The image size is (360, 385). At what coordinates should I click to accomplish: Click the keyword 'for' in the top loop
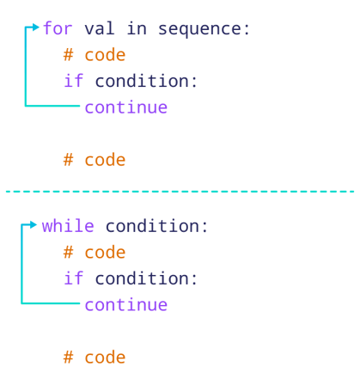pyautogui.click(x=58, y=28)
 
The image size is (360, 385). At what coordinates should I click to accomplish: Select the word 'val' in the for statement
pyautogui.click(x=100, y=28)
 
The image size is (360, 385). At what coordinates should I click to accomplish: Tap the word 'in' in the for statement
pyautogui.click(x=137, y=28)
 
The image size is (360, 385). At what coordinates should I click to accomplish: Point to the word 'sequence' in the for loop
pyautogui.click(x=199, y=29)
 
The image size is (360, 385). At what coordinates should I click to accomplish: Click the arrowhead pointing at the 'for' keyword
pyautogui.click(x=35, y=27)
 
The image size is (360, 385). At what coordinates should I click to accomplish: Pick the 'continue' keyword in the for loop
pyautogui.click(x=126, y=107)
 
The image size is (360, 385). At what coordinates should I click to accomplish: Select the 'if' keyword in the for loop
pyautogui.click(x=74, y=81)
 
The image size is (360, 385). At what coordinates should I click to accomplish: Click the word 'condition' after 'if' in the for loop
pyautogui.click(x=142, y=81)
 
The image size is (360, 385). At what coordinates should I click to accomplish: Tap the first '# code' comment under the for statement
pyautogui.click(x=95, y=54)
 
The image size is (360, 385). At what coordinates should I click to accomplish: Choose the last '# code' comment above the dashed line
pyautogui.click(x=95, y=159)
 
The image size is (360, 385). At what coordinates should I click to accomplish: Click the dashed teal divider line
pyautogui.click(x=180, y=191)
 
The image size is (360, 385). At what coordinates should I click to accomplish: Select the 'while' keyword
pyautogui.click(x=68, y=226)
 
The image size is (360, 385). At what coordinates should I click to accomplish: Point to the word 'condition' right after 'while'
pyautogui.click(x=152, y=226)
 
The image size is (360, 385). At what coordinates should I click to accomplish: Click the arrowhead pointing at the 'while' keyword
pyautogui.click(x=34, y=225)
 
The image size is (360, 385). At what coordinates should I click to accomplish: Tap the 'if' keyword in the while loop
pyautogui.click(x=74, y=278)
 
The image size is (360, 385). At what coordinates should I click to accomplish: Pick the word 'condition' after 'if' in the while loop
pyautogui.click(x=142, y=278)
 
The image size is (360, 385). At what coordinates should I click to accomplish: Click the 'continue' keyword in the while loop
pyautogui.click(x=126, y=305)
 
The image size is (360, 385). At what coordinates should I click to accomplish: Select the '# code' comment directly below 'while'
pyautogui.click(x=95, y=252)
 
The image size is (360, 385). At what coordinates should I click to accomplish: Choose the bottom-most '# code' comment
pyautogui.click(x=95, y=357)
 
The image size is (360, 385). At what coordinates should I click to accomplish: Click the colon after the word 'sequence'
pyautogui.click(x=247, y=30)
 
